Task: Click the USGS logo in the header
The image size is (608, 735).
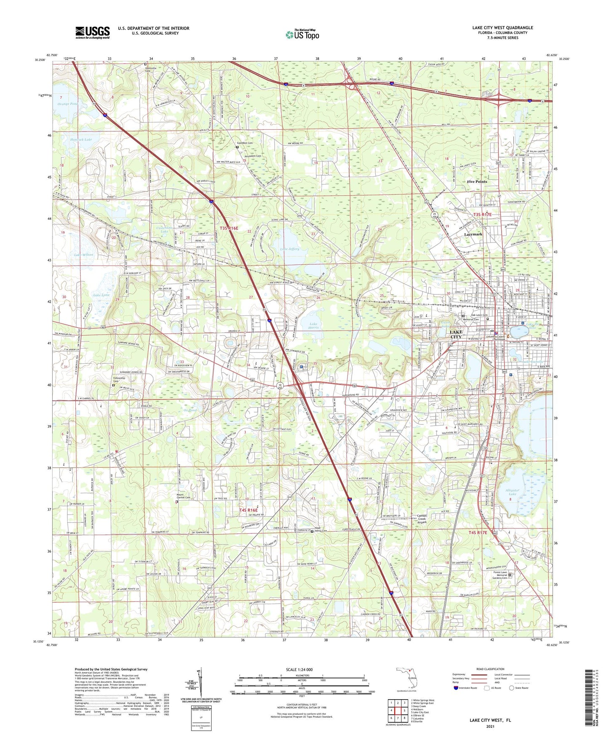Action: (x=93, y=32)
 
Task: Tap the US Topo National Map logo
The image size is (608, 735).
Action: (x=302, y=35)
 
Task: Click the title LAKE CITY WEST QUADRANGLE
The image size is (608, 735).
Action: (x=502, y=28)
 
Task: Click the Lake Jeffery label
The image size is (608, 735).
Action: (x=290, y=249)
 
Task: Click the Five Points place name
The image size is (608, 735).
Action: (x=477, y=182)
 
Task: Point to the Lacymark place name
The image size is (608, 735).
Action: (x=473, y=234)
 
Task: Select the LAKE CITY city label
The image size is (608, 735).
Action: (x=456, y=334)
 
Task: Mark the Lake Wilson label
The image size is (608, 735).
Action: (x=83, y=255)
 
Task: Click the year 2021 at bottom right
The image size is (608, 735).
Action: (x=490, y=727)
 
